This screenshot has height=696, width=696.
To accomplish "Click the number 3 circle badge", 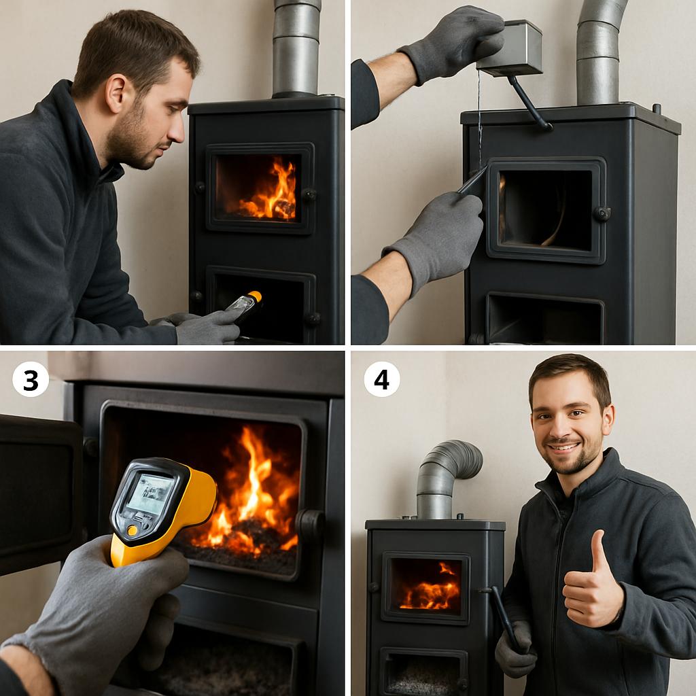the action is [x=31, y=379].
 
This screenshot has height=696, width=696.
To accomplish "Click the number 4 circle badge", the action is [x=382, y=379].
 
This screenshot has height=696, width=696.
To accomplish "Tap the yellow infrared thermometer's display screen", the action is [x=151, y=493].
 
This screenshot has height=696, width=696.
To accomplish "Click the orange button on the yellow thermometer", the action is [x=132, y=530].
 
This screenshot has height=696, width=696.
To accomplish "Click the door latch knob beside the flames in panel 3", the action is [x=310, y=525].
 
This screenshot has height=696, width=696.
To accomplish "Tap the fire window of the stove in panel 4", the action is [x=425, y=584].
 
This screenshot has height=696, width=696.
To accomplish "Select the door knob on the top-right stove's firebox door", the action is [x=602, y=214].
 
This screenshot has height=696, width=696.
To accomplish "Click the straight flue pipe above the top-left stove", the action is [x=296, y=48].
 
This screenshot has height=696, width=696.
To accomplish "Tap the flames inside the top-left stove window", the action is [x=268, y=191].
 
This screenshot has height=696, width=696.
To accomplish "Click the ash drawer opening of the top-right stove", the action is [x=544, y=318].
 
